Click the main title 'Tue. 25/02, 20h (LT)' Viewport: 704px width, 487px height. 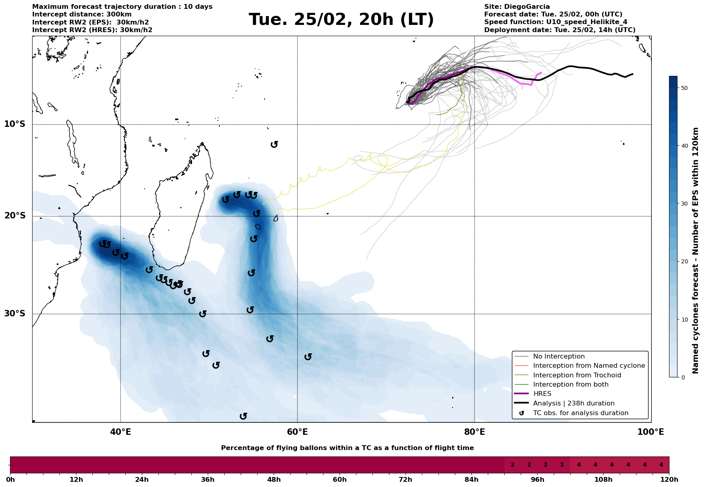pos(341,20)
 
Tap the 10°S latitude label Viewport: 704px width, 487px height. pos(15,124)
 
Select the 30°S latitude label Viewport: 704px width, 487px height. pos(15,314)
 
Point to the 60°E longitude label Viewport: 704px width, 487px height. pos(297,432)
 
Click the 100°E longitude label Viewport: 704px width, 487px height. pos(651,432)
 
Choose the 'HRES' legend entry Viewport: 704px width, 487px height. pos(542,394)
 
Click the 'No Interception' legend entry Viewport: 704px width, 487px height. pos(559,357)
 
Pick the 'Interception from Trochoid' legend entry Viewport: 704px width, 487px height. pos(577,375)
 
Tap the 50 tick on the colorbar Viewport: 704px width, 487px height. pos(683,88)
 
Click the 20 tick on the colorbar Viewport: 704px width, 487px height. pos(683,261)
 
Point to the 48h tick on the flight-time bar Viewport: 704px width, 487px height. pos(274,480)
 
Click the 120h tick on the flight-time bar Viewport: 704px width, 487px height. pos(669,480)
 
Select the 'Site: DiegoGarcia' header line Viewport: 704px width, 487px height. pos(517,7)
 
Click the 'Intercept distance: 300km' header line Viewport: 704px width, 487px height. pos(82,14)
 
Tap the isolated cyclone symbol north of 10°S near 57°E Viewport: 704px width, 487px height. pos(274,144)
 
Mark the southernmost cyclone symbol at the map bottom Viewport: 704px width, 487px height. pos(243,416)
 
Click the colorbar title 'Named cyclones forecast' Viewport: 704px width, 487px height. pos(696,251)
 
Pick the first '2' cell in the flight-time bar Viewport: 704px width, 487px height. pos(512,465)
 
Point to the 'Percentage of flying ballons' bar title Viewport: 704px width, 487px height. pos(347,448)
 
